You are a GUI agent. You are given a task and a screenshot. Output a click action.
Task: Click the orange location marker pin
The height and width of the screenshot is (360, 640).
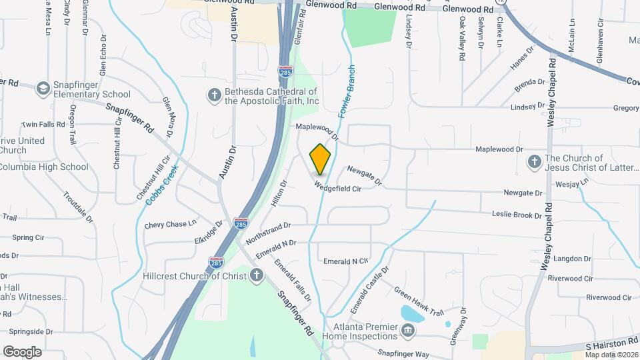pos(321,159)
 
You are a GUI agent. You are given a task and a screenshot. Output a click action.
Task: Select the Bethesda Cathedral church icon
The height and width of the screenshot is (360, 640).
pos(215,95)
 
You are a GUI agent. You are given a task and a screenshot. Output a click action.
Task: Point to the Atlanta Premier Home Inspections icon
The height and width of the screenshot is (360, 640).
pos(407,330)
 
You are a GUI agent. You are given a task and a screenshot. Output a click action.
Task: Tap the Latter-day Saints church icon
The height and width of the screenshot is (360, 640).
pos(534,161)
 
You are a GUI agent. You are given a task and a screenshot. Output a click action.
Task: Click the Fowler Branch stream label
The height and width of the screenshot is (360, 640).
pos(346,92)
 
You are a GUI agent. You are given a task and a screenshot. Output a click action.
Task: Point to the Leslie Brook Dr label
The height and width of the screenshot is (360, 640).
pos(517,215)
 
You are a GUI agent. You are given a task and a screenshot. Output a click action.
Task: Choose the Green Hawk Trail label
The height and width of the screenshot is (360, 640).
pos(419,301)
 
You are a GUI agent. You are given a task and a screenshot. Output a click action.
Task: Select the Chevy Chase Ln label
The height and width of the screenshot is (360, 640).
pos(171,225)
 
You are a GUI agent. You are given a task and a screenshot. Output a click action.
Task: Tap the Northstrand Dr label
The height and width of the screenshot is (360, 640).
pos(268,233)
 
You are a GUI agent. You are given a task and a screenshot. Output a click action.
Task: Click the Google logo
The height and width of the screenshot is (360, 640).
pos(22,351)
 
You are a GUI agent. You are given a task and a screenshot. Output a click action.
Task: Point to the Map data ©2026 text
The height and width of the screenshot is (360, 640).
pos(611,355)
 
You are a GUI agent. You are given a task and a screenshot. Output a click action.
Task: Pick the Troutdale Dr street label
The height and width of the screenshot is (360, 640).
pos(79,205)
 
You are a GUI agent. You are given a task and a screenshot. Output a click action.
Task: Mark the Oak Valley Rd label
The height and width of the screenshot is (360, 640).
pos(461,33)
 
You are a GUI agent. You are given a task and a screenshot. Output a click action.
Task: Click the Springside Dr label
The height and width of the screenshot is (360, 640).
pos(30,331)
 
